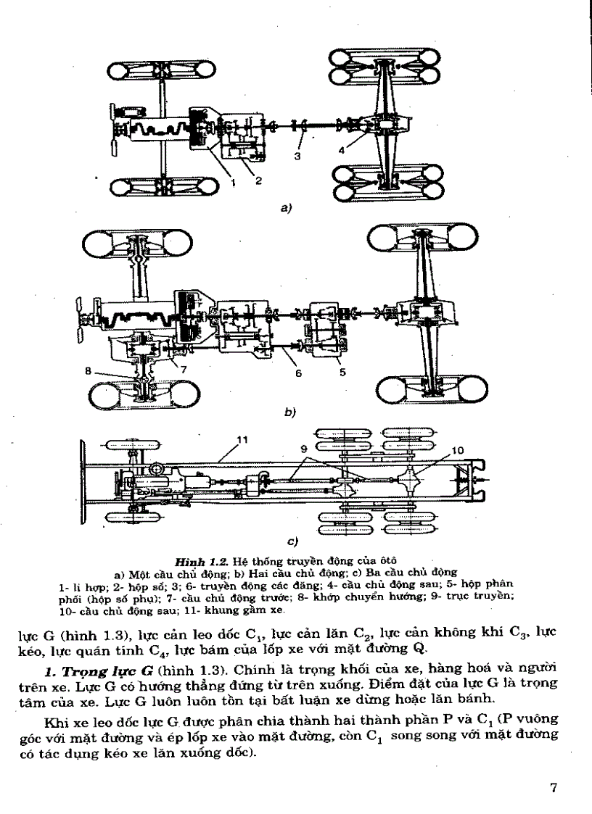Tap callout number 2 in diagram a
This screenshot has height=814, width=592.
tap(258, 181)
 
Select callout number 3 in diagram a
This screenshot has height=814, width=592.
tap(297, 155)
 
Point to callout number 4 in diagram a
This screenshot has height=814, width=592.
tap(341, 150)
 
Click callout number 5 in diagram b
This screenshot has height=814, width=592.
tap(342, 373)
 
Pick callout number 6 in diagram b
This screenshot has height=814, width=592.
tap(297, 373)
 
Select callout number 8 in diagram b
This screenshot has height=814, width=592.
tap(88, 370)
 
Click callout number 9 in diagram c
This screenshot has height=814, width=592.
tap(303, 449)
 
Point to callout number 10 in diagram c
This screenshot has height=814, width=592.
tap(456, 450)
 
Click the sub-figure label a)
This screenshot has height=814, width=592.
tap(286, 208)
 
